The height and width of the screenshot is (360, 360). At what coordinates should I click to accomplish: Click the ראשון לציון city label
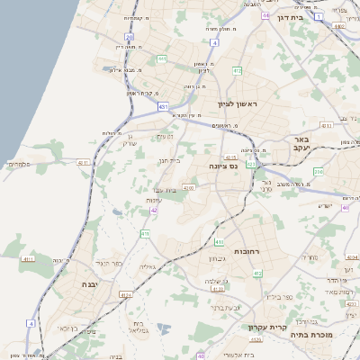tap(237, 105)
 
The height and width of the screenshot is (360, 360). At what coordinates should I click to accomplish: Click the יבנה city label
tap(91, 284)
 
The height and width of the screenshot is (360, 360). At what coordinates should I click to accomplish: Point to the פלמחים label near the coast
tap(21, 165)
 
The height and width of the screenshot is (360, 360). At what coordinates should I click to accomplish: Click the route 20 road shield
tap(130, 38)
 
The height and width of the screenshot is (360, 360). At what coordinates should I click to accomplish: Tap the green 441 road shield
tap(163, 59)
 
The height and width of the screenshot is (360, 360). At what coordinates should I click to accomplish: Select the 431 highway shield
tap(163, 106)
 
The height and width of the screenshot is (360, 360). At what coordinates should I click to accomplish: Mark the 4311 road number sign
tap(85, 162)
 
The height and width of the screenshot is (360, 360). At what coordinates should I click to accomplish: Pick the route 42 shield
tap(155, 210)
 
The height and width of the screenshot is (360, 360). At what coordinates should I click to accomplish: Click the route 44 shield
tap(265, 14)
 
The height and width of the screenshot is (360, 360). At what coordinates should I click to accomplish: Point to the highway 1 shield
tap(318, 16)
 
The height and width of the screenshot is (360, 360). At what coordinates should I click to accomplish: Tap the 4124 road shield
tap(125, 294)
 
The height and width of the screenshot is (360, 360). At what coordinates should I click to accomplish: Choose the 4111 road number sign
tap(27, 259)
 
